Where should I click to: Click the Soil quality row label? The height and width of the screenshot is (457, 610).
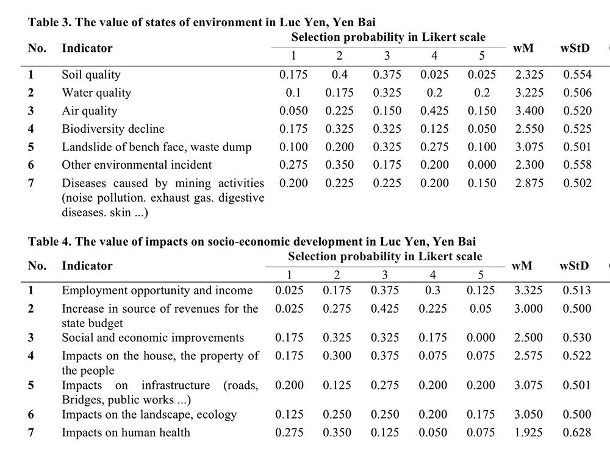[91, 74]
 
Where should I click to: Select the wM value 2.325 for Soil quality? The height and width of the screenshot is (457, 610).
[529, 74]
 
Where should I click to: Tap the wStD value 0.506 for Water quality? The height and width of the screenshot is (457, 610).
[577, 93]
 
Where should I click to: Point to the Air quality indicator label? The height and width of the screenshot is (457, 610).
[90, 111]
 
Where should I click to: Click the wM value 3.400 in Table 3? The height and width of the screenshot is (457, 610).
[529, 111]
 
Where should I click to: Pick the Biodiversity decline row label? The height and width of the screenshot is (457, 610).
[113, 129]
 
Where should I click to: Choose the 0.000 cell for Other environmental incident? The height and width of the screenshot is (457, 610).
[482, 165]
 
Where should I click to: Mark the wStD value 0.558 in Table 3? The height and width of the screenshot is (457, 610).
[577, 165]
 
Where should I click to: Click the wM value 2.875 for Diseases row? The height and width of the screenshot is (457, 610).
[529, 183]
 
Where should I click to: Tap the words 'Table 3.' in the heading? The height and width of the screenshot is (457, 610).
[50, 22]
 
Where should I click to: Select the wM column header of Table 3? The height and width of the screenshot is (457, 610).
[523, 48]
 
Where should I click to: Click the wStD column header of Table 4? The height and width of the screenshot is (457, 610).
[574, 266]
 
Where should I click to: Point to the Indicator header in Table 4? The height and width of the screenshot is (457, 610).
[87, 266]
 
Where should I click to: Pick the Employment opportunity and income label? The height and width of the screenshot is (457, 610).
[157, 290]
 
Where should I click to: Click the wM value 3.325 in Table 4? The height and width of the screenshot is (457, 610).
[528, 290]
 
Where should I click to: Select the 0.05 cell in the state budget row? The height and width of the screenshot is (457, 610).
[481, 308]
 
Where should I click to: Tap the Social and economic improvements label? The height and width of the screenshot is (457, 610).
[153, 338]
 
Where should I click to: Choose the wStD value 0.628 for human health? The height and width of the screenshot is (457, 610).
[576, 433]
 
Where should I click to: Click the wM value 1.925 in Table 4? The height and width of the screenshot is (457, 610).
[528, 433]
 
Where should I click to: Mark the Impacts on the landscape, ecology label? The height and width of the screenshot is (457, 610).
[149, 414]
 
